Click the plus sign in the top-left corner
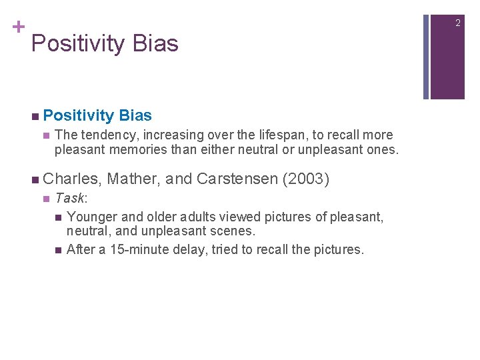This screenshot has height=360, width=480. [18, 27]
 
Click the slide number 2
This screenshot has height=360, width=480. [458, 23]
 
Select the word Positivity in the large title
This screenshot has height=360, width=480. [77, 44]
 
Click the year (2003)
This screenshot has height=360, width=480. [306, 179]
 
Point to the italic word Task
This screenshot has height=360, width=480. [69, 199]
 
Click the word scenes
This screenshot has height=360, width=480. [233, 231]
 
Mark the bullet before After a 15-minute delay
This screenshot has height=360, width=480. [59, 251]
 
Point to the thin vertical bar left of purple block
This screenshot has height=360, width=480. [426, 50]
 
